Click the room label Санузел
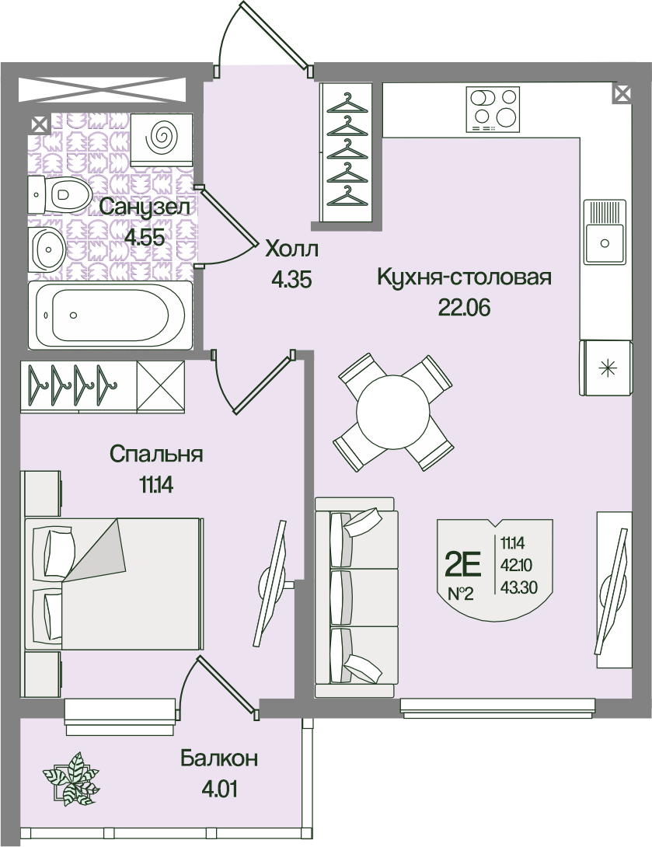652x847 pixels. pyautogui.click(x=145, y=207)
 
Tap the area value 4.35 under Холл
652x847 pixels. pyautogui.click(x=292, y=280)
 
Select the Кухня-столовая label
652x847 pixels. pyautogui.click(x=464, y=277)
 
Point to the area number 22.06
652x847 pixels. pyautogui.click(x=464, y=308)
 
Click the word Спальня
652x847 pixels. pyautogui.click(x=156, y=455)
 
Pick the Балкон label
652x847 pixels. pyautogui.click(x=219, y=759)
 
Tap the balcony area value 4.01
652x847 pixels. pyautogui.click(x=219, y=789)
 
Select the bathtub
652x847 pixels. pyautogui.click(x=110, y=315)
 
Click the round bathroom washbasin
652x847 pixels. pyautogui.click(x=47, y=249)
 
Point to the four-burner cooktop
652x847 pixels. pyautogui.click(x=493, y=110)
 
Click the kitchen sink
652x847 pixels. pyautogui.click(x=604, y=232)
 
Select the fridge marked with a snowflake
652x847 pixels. pyautogui.click(x=606, y=368)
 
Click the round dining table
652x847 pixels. pyautogui.click(x=392, y=412)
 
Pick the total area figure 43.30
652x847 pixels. pyautogui.click(x=519, y=587)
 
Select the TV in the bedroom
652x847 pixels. pyautogui.click(x=272, y=584)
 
